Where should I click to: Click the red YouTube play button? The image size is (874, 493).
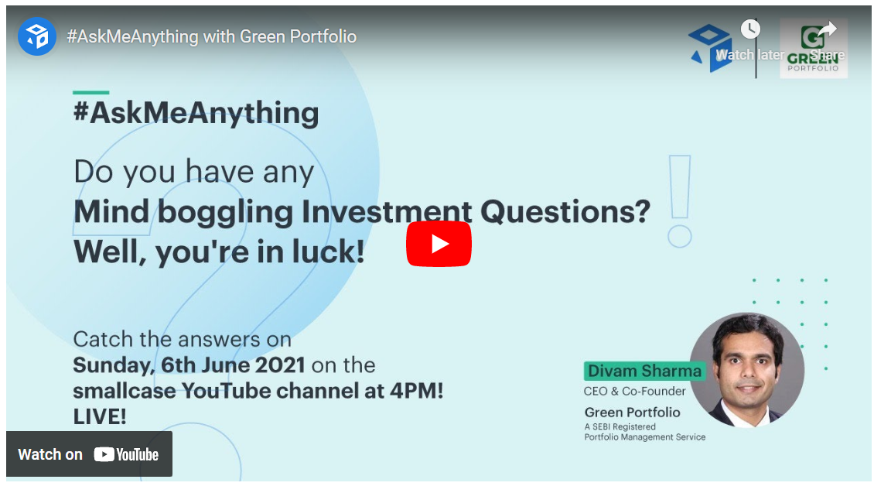coord(439,244)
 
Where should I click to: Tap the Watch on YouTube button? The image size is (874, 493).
coord(89,454)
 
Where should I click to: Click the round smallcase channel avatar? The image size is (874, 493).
coord(37,36)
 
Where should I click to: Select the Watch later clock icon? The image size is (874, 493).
coord(750,29)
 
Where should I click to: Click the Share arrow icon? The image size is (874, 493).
coord(827,29)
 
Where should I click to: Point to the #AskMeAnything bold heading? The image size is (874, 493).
coord(196,113)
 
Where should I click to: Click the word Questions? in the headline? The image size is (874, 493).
coord(565,212)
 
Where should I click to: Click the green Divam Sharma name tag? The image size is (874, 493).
coord(644,371)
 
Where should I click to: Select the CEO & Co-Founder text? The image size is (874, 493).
coord(634,392)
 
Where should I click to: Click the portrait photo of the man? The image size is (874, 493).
coord(747,370)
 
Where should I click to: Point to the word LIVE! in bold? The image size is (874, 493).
coord(100,416)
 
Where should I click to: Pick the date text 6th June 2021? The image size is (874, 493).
coord(233,365)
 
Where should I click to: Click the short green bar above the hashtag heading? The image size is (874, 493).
coord(90,92)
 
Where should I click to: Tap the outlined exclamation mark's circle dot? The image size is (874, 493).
coord(679,237)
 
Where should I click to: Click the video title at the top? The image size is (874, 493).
coord(212,36)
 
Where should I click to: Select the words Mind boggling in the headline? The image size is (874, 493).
coord(183,213)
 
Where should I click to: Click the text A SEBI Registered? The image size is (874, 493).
coord(620,426)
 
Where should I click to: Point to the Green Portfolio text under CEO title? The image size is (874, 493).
coord(632,413)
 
